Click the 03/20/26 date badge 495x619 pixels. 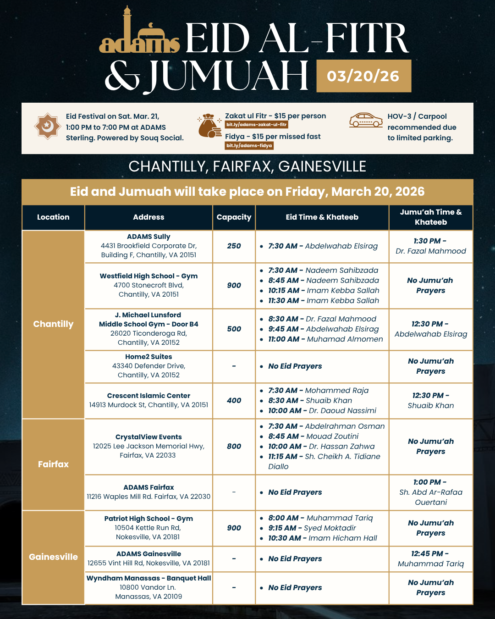point(363,76)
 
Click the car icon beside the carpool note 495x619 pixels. point(366,120)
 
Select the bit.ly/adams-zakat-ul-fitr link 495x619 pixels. point(257,125)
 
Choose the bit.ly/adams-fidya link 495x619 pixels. point(249,146)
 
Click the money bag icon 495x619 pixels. point(209,126)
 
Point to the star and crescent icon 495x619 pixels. point(47,126)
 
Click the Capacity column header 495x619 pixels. point(234,217)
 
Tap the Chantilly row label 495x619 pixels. point(53,324)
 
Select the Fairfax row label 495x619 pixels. point(53,464)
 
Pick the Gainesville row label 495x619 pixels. point(53,557)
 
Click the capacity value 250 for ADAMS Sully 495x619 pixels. point(234,246)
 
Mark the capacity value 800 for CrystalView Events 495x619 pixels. point(234,446)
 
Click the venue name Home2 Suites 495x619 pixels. point(148,357)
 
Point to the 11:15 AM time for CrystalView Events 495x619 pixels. point(283,457)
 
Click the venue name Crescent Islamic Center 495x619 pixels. point(148,396)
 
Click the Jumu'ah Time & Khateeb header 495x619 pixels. point(431,217)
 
